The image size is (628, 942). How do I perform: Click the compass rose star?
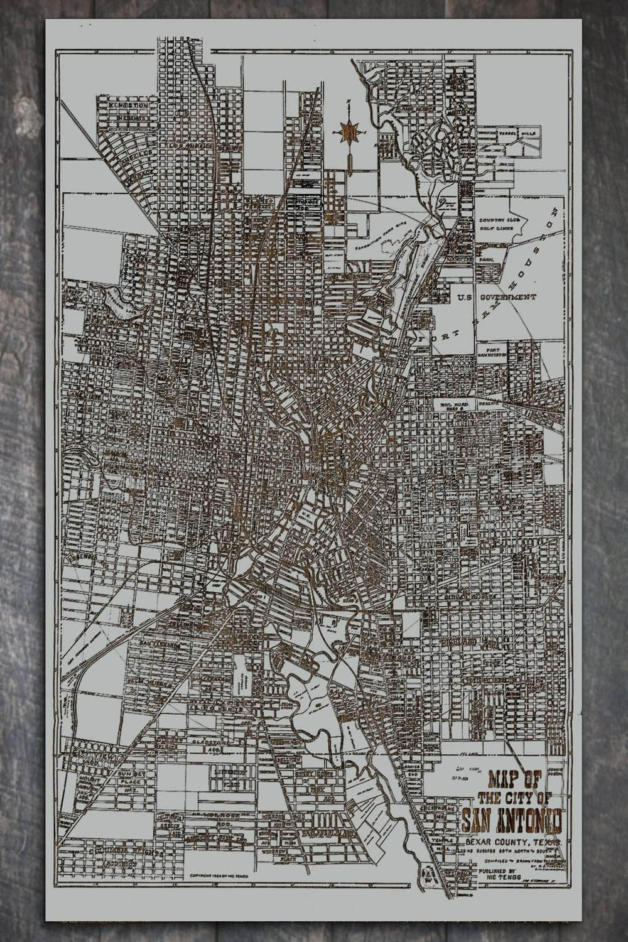point(349,131)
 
